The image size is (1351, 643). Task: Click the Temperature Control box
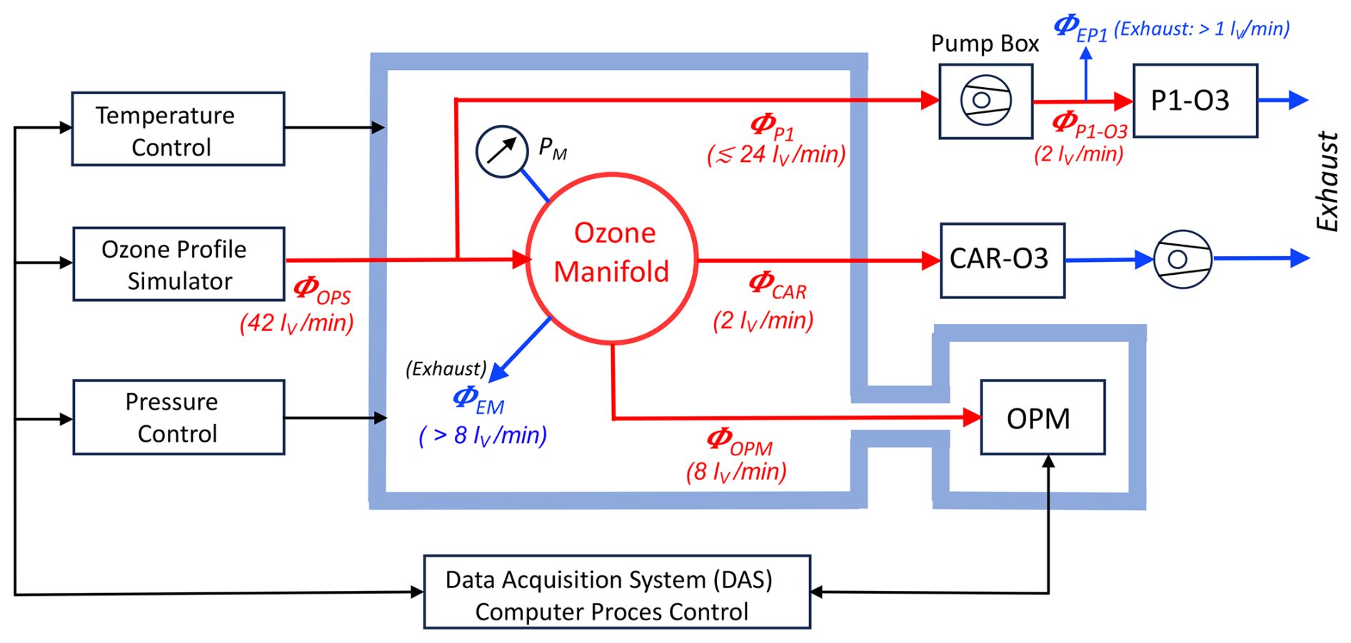coord(178,129)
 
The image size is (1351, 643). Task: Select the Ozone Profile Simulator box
coord(179,264)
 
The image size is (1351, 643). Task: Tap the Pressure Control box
coord(179,417)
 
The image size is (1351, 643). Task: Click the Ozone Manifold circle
coord(612,258)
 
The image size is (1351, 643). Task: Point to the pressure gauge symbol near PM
coord(502,151)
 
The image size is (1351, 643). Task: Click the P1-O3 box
coord(1195,101)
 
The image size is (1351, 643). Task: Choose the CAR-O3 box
coord(1002,260)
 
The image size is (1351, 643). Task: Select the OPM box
coord(1043,417)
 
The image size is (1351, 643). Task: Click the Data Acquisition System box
coord(617,592)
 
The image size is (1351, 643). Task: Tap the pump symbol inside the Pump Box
coord(985,101)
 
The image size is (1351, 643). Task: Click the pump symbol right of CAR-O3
coord(1182,258)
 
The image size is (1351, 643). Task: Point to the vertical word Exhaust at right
coord(1327,181)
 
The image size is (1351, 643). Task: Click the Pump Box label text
coord(984,44)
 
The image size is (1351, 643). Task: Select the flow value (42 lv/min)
coord(296,323)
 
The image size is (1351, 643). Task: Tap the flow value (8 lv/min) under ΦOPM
coord(736,472)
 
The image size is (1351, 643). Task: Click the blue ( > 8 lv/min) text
coord(483,435)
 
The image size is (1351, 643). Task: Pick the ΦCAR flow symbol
coord(777,285)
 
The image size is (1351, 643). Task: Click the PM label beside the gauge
coord(552,148)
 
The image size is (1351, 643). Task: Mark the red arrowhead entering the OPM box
coord(972,417)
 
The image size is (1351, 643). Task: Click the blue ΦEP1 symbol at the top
coord(1080,29)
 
